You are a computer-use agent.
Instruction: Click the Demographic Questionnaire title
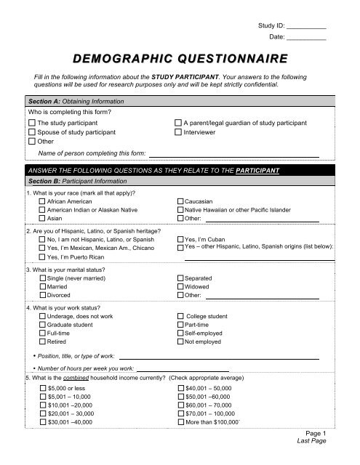click(180, 59)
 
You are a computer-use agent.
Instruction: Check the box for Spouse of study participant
click(31, 133)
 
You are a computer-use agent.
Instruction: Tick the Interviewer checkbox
click(179, 133)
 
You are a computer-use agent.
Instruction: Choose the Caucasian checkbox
click(180, 200)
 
